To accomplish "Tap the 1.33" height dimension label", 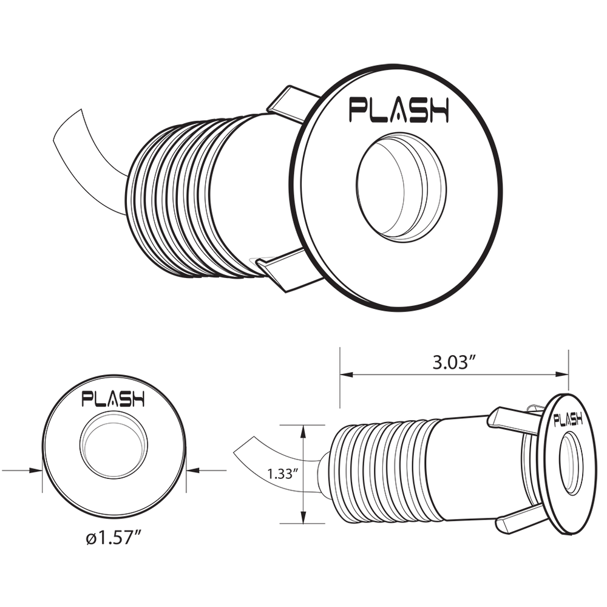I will [x=283, y=474].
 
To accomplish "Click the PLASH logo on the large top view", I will [x=398, y=110].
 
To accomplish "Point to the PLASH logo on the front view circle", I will [x=114, y=399].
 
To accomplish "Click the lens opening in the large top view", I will [x=401, y=188].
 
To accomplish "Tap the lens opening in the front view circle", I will [x=114, y=447].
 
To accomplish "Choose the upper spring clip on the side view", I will [x=513, y=419].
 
